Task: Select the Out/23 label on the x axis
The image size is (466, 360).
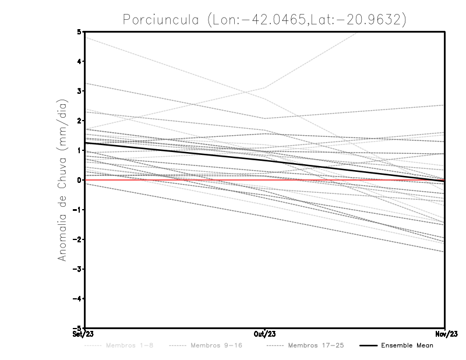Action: tap(265, 334)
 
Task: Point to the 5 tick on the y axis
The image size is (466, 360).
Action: tap(79, 31)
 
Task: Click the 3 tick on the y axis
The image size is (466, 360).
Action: tap(79, 91)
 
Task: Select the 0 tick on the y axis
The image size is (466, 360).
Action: tap(79, 180)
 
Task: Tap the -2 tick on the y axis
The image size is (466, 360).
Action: tap(77, 239)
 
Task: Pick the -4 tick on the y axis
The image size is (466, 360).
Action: tap(77, 298)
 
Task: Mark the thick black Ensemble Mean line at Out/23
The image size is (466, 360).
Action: tap(265, 160)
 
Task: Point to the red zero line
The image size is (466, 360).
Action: tap(175, 180)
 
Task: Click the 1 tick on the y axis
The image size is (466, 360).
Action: tap(79, 150)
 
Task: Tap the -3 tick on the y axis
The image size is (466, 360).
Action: tap(77, 269)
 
